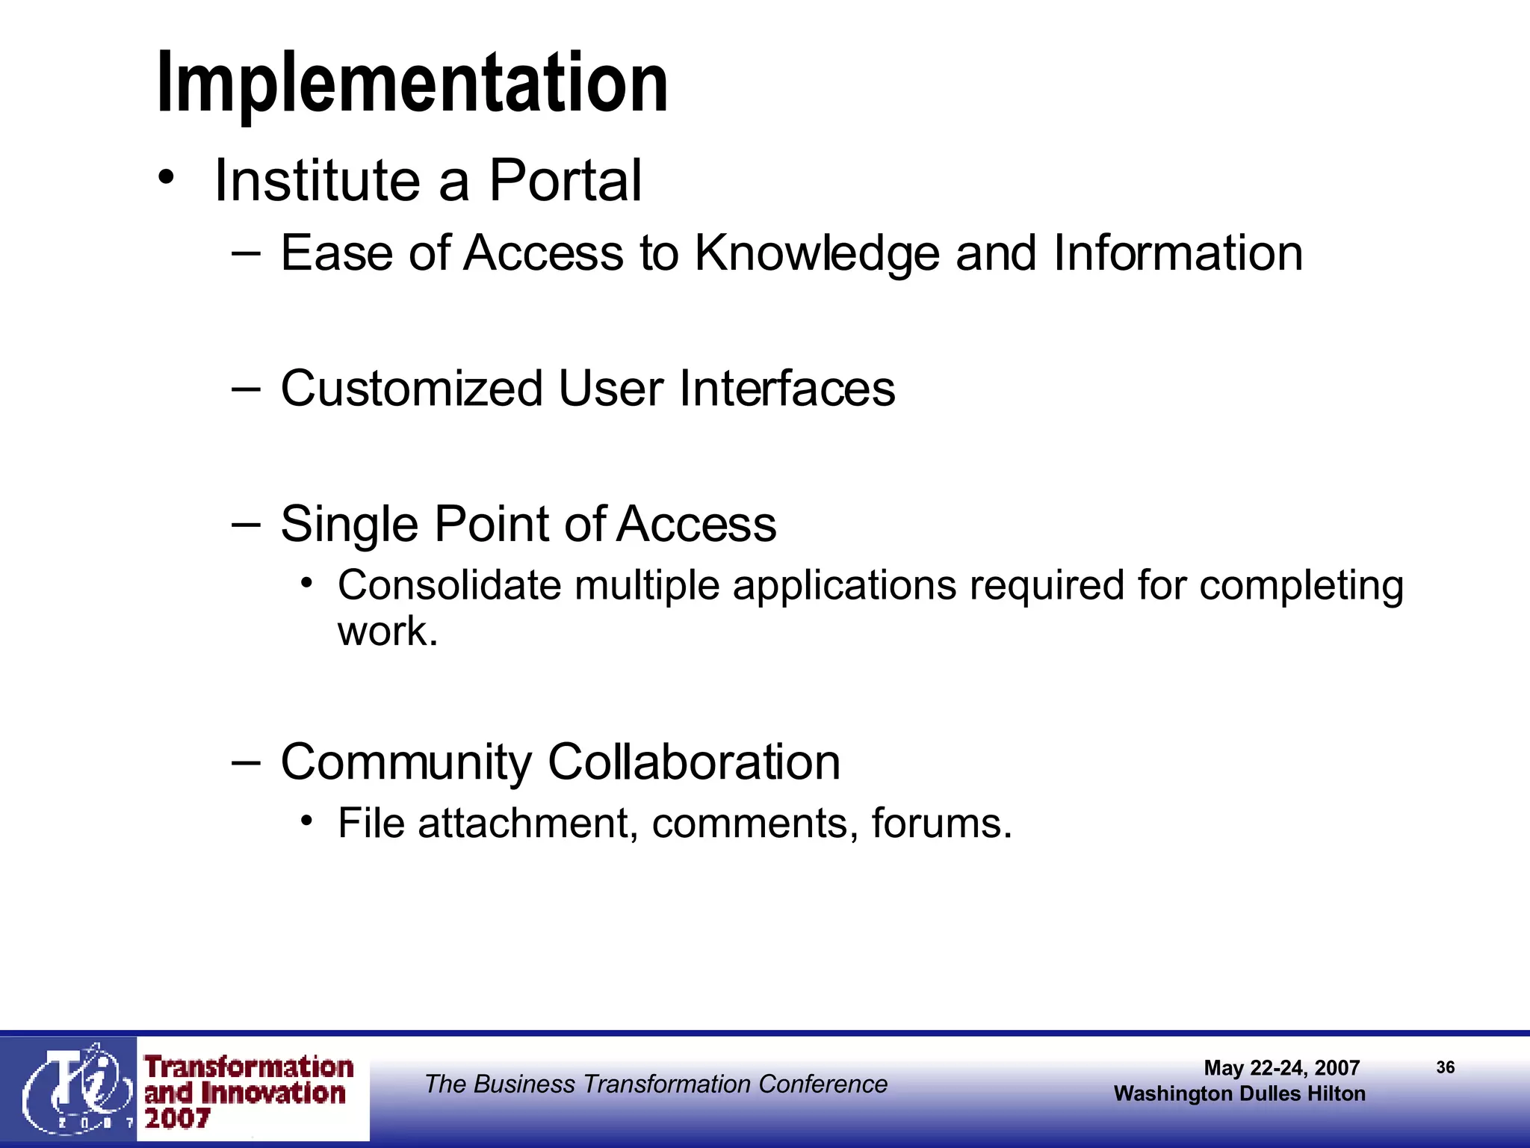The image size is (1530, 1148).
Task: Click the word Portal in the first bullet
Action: click(565, 181)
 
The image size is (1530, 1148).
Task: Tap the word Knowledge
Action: click(817, 253)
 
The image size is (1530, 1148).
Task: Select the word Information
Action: click(1178, 253)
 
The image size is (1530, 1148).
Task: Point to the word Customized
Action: click(411, 389)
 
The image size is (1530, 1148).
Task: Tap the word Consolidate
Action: click(449, 585)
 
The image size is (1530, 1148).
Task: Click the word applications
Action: click(844, 585)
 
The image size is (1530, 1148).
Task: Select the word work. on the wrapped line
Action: click(387, 632)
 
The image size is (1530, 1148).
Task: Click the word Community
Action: click(406, 762)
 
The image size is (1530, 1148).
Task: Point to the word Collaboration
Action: click(694, 762)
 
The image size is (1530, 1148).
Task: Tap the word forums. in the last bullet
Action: click(941, 824)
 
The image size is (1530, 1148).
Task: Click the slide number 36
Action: click(1445, 1067)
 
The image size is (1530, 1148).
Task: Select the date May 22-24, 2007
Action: click(1281, 1068)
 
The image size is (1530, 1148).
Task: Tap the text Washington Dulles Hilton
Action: click(1239, 1093)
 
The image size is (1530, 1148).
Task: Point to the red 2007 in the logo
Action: click(177, 1119)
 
